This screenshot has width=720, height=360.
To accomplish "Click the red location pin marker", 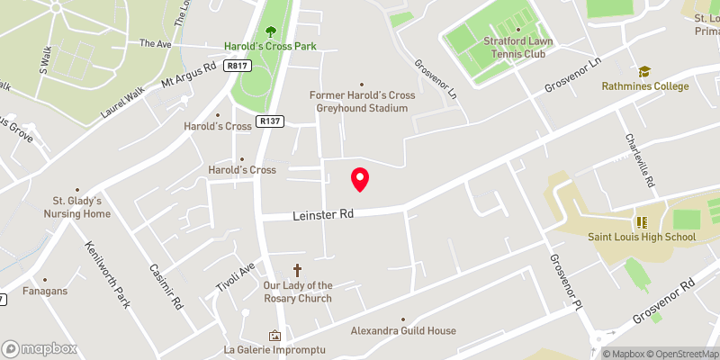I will coord(360,179).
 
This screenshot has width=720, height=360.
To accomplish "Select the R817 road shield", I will coord(238,66).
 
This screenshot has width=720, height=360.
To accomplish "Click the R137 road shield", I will coord(268,121).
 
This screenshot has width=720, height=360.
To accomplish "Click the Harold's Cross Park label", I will coord(270,46).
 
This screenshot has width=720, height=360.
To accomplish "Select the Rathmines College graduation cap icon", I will coord(644,72).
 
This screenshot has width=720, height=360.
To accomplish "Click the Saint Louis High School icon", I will coord(643,221).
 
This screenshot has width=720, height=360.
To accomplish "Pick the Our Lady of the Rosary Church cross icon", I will coord(298,270).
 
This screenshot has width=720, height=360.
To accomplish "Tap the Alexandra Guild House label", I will coord(403,331).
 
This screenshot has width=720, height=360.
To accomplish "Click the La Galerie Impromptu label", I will coord(274,349).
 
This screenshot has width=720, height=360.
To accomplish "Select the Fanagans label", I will coord(45,292).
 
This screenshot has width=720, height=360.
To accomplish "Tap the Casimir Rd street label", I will coord(166,289).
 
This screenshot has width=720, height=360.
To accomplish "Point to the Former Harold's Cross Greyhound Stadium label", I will coord(359,102).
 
